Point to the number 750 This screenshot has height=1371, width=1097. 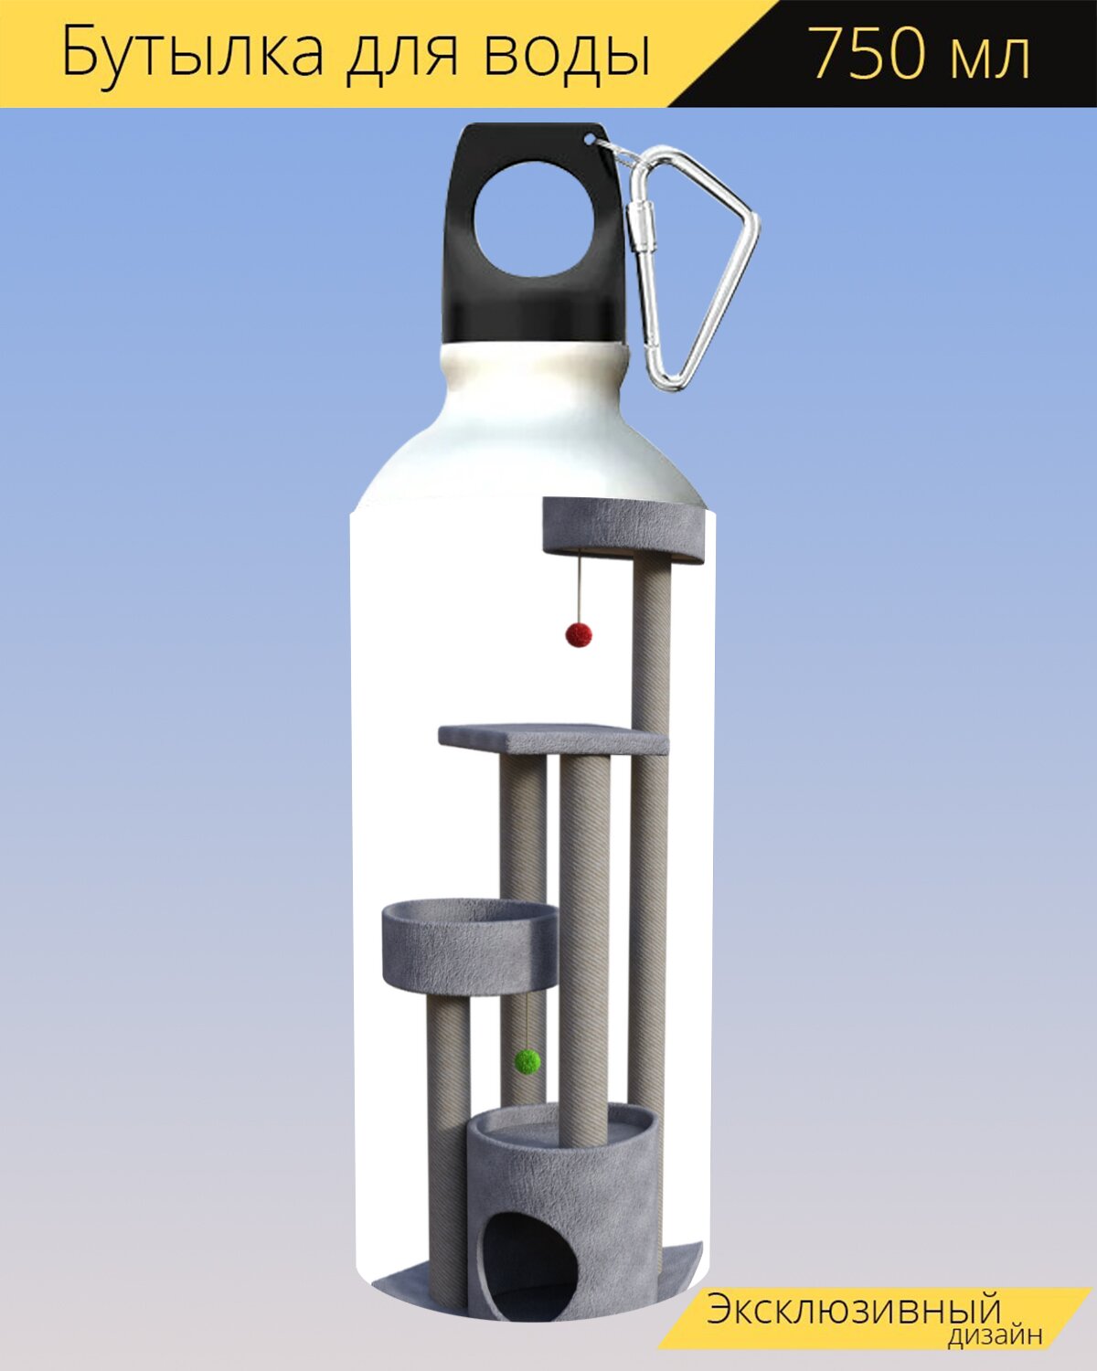pos(870,54)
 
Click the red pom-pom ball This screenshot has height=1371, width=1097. pos(578,634)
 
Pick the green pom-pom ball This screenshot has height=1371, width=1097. pos(527,1062)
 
